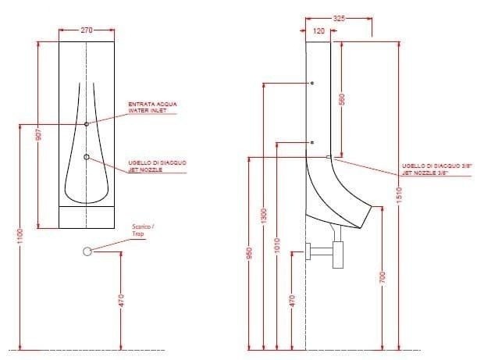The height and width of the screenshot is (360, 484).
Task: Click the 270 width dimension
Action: (x=87, y=30)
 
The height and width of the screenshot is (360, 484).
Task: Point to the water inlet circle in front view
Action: (x=87, y=123)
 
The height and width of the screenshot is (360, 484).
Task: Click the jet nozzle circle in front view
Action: (x=87, y=157)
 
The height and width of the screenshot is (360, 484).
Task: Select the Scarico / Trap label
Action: (x=143, y=229)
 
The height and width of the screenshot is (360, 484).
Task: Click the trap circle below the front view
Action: (x=87, y=251)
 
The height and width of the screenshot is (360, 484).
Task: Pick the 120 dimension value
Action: (x=319, y=30)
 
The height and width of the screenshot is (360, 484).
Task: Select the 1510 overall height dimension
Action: (x=398, y=193)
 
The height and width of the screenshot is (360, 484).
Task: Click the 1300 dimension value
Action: (x=264, y=214)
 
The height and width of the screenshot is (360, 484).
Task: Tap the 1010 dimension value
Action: (x=279, y=243)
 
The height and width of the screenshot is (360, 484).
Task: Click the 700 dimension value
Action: (x=383, y=279)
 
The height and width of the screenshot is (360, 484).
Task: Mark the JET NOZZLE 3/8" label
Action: (x=425, y=169)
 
